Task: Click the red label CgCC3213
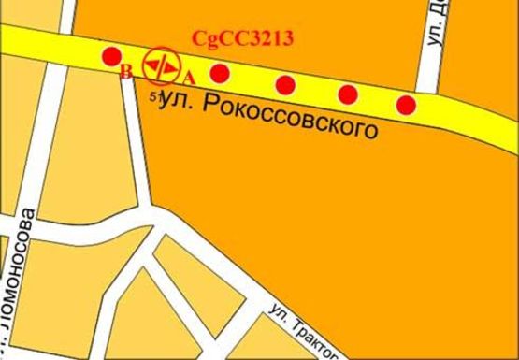coord(243,38)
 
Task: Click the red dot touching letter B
coord(110,56)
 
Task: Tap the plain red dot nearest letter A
coord(221,73)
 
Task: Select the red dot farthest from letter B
coord(406,104)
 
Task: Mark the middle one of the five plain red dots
coord(286,85)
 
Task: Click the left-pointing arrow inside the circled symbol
coord(151,66)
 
